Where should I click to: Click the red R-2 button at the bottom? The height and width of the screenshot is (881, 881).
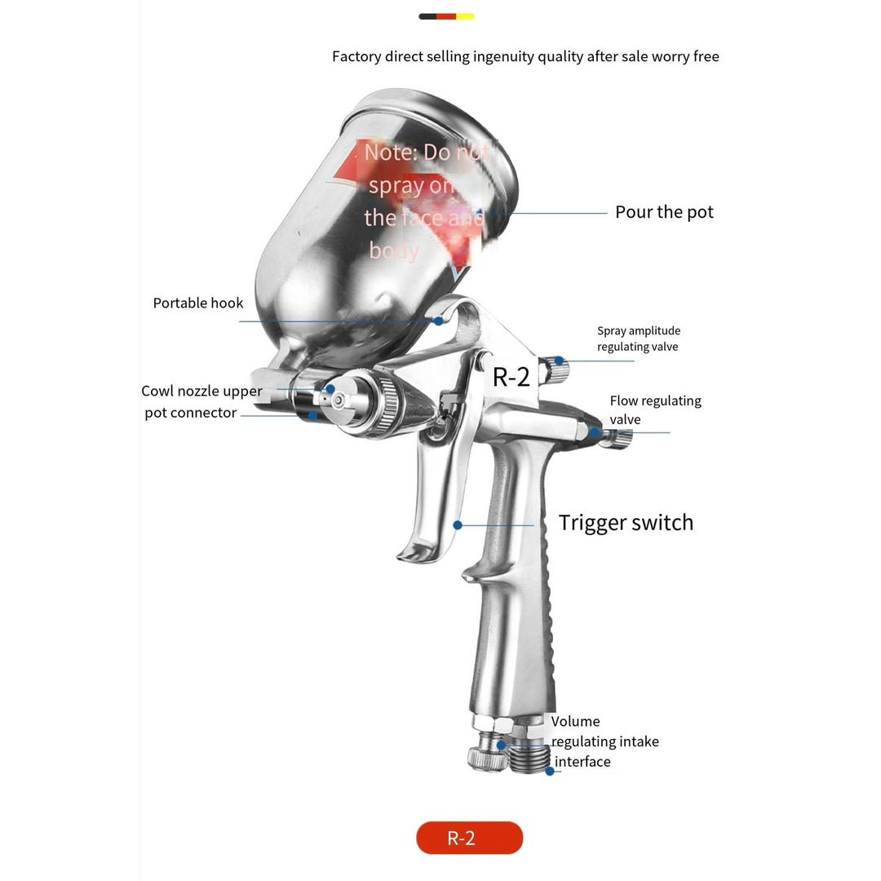(x=469, y=838)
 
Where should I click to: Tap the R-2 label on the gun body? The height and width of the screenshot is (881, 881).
(x=511, y=376)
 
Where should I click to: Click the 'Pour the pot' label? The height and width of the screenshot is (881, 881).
(x=664, y=212)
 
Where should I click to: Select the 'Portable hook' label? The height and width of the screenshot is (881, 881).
(x=198, y=303)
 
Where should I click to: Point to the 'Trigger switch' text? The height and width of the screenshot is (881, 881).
(x=626, y=523)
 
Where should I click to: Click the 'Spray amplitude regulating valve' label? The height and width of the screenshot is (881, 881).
(x=638, y=339)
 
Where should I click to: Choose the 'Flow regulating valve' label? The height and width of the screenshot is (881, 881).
(x=655, y=410)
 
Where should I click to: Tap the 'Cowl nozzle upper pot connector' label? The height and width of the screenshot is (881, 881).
(x=201, y=402)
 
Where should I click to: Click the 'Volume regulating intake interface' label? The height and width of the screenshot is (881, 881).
(x=604, y=742)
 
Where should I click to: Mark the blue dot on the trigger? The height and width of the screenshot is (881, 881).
(x=458, y=525)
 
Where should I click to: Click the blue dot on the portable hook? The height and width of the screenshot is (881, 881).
(x=439, y=321)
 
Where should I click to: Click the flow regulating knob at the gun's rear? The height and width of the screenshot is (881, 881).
(x=617, y=438)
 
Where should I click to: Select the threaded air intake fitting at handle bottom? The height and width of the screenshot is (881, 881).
(x=529, y=757)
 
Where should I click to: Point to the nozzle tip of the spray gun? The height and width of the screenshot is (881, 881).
(x=329, y=390)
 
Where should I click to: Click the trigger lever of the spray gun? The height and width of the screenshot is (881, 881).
(x=432, y=506)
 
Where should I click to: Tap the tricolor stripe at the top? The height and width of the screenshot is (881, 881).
(x=446, y=16)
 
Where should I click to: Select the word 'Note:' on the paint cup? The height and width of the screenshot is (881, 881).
(x=391, y=153)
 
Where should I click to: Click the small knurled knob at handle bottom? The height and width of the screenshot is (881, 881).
(x=485, y=755)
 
